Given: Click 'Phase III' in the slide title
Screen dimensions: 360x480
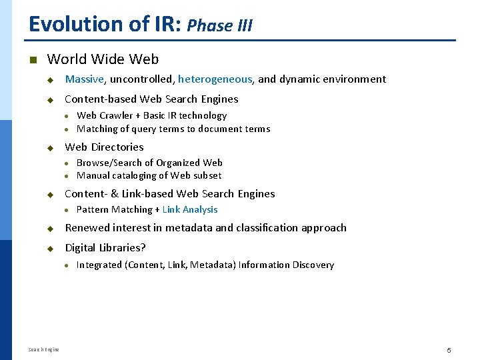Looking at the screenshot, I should pyautogui.click(x=219, y=26).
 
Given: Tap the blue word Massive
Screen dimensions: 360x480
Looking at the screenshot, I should pyautogui.click(x=84, y=79).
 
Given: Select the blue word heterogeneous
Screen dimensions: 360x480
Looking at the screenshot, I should pyautogui.click(x=215, y=79).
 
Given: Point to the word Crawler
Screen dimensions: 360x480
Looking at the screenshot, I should pyautogui.click(x=115, y=115).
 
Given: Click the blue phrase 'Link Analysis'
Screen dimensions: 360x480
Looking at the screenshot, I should pyautogui.click(x=190, y=209).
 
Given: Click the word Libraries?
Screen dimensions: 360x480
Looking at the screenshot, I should pyautogui.click(x=123, y=248).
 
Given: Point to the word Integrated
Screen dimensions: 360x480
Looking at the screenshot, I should pyautogui.click(x=99, y=265).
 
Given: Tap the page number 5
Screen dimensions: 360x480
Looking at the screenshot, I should pyautogui.click(x=449, y=350).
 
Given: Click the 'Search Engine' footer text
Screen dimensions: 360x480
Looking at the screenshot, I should pyautogui.click(x=43, y=349).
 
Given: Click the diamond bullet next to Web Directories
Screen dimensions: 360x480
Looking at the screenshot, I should pyautogui.click(x=49, y=147).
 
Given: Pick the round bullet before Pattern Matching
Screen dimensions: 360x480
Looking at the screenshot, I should pyautogui.click(x=67, y=210).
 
